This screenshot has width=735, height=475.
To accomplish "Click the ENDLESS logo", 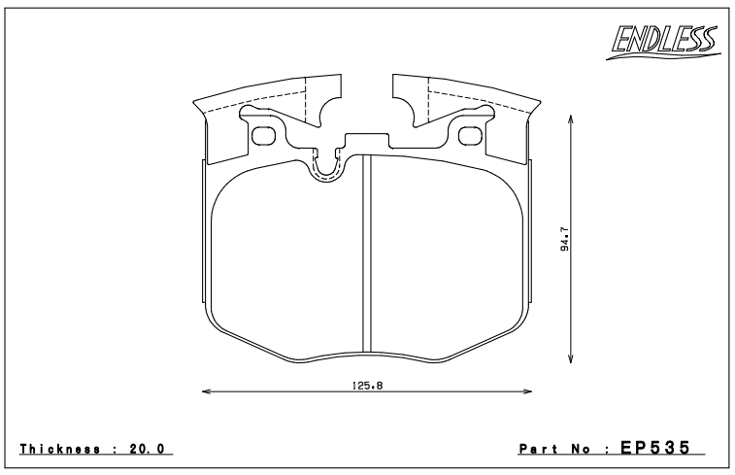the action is coord(663,42).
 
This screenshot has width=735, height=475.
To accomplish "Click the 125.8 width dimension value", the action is coord(367,386).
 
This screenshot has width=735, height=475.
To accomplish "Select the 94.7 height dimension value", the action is coord(564,239).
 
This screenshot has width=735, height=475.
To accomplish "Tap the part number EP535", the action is coord(655,448).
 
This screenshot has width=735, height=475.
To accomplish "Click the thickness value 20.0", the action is coord(147,449).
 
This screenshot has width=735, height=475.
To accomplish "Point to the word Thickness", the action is coord(60,449).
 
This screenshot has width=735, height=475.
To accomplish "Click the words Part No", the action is coord(557,449).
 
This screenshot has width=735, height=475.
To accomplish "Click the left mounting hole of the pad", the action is coord(262,136).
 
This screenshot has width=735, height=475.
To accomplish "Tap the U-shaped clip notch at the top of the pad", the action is coord(326,175).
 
